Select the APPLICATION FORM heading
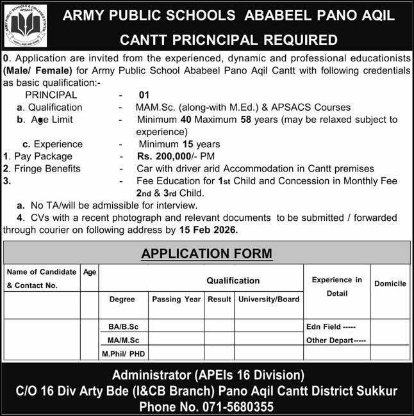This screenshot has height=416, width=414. (206, 253)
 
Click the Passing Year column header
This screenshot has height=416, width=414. (176, 299)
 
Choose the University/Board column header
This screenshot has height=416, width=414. (269, 299)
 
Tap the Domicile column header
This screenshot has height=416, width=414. (390, 284)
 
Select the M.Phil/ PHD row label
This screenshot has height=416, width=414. (122, 353)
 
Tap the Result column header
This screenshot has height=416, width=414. (219, 299)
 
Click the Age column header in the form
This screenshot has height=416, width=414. (90, 272)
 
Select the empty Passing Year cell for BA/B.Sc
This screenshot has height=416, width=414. (176, 327)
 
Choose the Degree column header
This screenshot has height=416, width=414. (122, 299)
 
